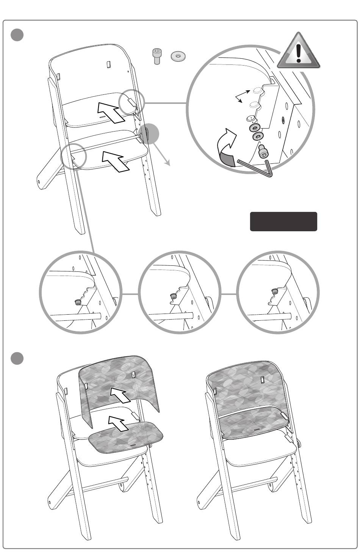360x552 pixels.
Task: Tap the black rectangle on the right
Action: (x=283, y=221)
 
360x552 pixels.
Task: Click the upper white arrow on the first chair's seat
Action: (x=111, y=111)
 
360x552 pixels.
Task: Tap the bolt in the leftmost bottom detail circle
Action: (x=77, y=302)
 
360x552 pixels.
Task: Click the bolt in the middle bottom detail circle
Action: (x=173, y=296)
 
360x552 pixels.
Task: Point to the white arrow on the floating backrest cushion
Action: (x=121, y=396)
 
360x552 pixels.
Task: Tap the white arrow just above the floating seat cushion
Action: (x=118, y=423)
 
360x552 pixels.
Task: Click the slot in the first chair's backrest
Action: (x=108, y=64)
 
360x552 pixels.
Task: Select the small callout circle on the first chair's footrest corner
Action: (x=74, y=156)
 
